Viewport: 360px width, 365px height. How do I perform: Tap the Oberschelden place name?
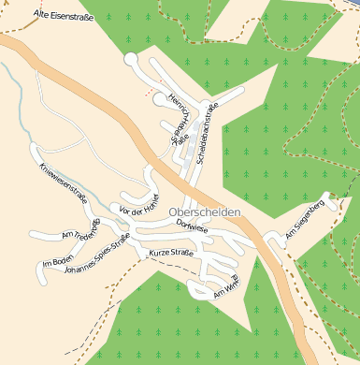205,212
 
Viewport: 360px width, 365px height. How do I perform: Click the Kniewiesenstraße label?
64,183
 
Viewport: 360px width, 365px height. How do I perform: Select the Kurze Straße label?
171,252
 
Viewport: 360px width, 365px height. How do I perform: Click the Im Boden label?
58,261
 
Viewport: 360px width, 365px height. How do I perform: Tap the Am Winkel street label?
229,287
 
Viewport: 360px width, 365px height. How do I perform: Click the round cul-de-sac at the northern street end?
131,60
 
